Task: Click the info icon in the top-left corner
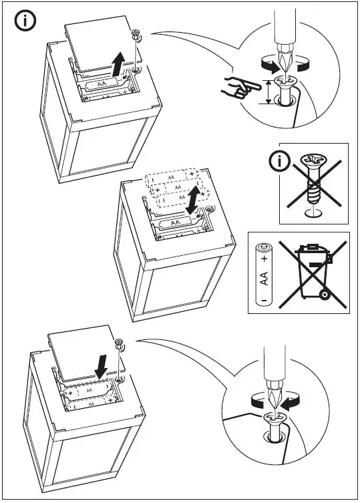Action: click(x=25, y=21)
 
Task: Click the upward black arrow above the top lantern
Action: click(x=119, y=64)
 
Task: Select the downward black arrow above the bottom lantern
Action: click(x=102, y=366)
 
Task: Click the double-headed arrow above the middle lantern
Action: click(x=194, y=200)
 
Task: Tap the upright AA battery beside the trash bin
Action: click(x=264, y=275)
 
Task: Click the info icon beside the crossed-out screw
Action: click(x=279, y=162)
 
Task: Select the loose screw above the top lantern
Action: click(x=136, y=35)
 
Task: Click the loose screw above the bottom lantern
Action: click(x=120, y=344)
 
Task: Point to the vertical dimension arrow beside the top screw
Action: click(x=268, y=92)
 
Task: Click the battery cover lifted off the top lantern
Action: click(x=99, y=43)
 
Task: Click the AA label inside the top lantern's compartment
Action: click(x=102, y=84)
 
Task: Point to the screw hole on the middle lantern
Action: click(x=209, y=209)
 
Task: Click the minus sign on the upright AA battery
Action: click(x=263, y=300)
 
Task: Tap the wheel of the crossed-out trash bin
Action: click(x=325, y=294)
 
